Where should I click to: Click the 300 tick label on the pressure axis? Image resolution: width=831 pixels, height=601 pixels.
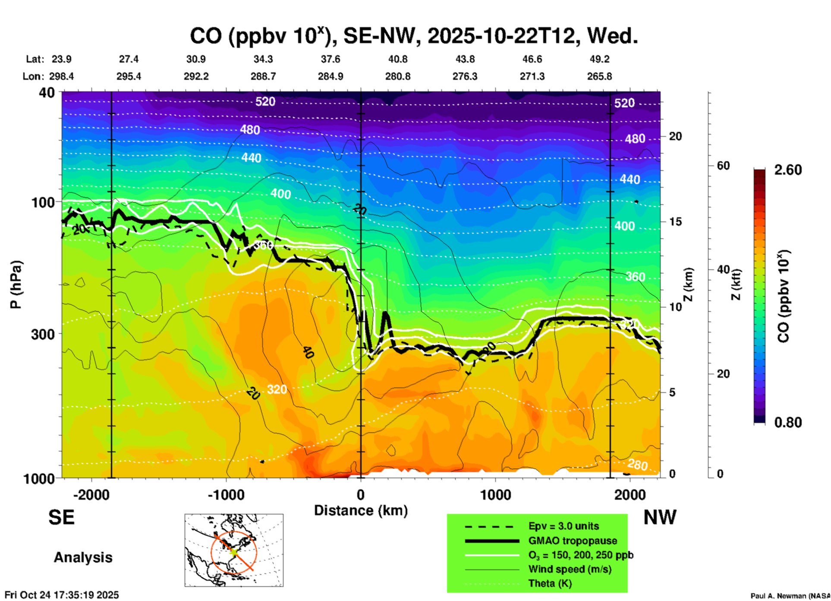[x=43, y=334]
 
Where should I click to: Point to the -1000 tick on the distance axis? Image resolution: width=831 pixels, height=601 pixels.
[x=226, y=495]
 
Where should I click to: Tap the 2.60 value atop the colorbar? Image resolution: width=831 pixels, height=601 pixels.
[x=788, y=170]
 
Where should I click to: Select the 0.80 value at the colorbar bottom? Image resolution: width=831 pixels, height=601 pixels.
[x=788, y=422]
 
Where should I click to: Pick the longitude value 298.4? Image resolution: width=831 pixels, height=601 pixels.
[x=61, y=76]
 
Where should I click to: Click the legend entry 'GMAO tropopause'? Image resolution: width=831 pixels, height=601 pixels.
[x=573, y=541]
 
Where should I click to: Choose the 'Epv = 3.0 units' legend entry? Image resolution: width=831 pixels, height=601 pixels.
[x=563, y=526]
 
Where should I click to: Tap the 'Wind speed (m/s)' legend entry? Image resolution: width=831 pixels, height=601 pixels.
[x=570, y=569]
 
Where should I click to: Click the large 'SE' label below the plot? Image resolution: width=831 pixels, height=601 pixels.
[x=61, y=517]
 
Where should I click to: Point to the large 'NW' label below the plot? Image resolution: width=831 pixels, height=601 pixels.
[x=660, y=517]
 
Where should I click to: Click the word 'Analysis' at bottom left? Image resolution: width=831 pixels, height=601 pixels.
[x=83, y=557]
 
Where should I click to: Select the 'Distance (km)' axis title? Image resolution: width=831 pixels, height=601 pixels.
[x=361, y=510]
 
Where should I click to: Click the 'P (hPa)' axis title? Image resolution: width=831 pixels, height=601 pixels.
[x=16, y=285]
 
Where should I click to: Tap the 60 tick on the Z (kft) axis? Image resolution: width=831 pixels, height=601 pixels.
[x=723, y=166]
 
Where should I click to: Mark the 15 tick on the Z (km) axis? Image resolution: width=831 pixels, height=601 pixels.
[x=675, y=222]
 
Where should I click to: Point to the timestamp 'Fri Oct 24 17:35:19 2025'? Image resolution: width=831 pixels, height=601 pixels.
[x=62, y=595]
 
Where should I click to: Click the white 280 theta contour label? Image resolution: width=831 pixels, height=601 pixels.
[x=637, y=465]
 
